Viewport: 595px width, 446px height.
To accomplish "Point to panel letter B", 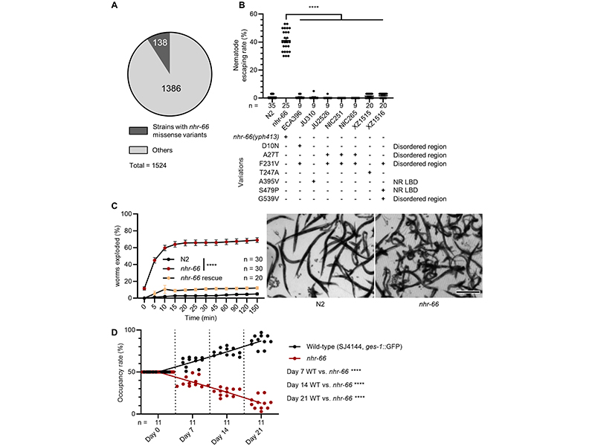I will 240,5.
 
